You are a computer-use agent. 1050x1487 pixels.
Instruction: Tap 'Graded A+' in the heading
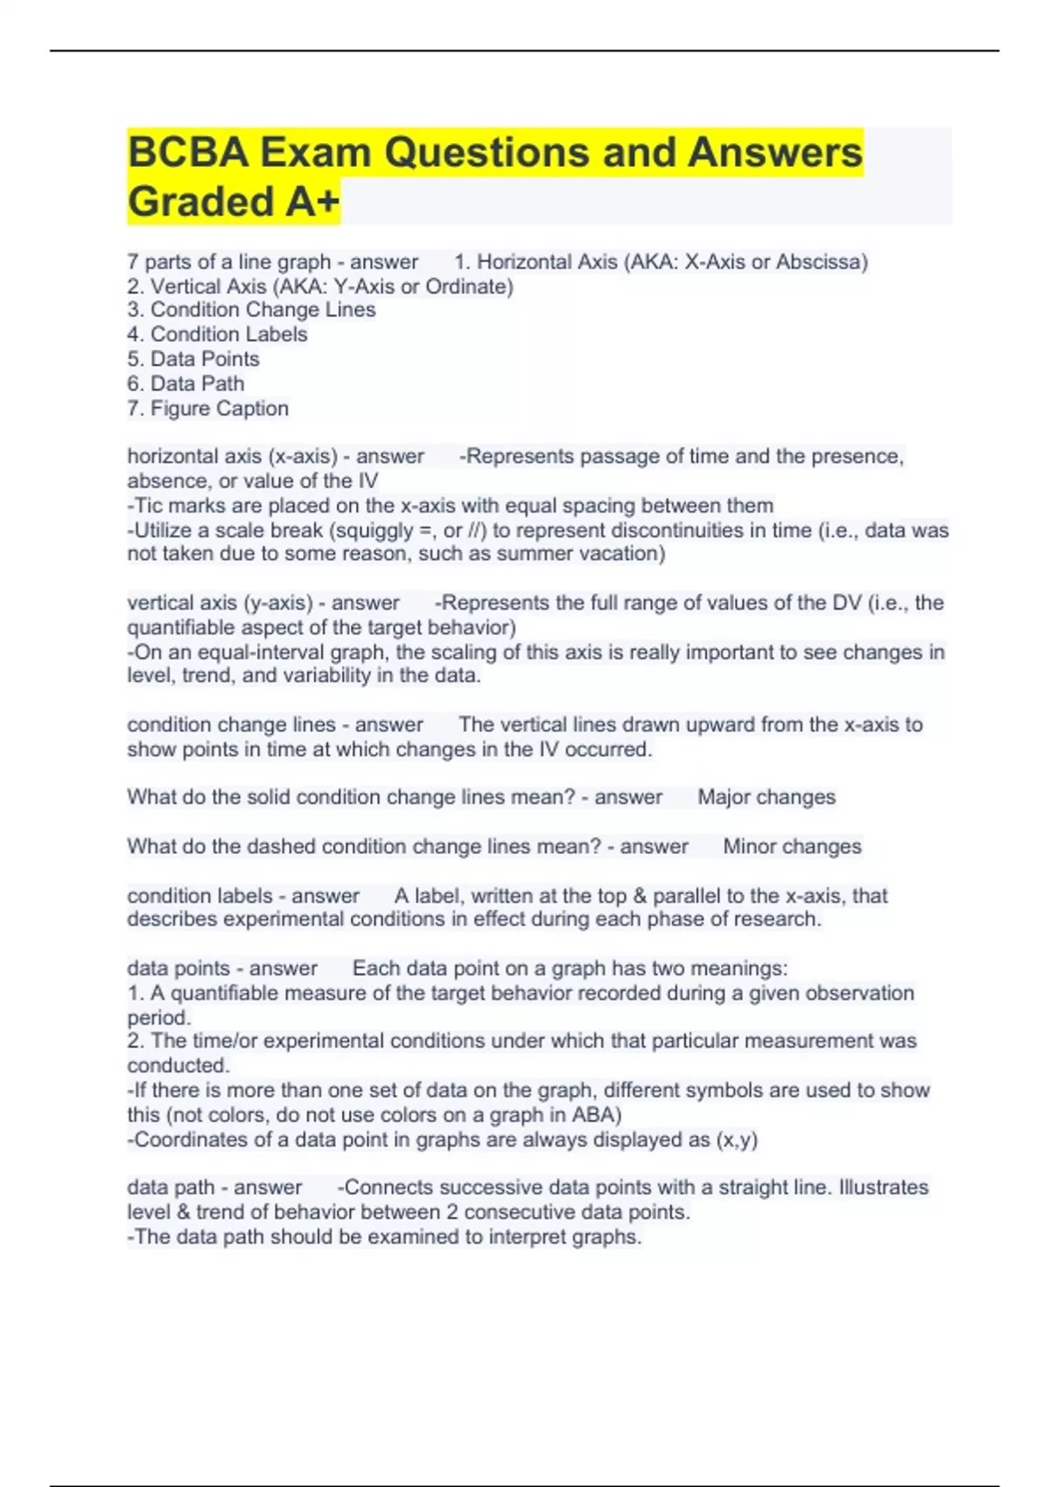tap(233, 202)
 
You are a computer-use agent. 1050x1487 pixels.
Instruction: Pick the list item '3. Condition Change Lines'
tap(251, 310)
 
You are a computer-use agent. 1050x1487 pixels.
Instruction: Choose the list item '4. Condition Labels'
tap(217, 334)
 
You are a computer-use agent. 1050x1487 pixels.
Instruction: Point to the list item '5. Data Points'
tap(193, 359)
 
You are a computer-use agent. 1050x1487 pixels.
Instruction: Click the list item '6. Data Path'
tap(185, 383)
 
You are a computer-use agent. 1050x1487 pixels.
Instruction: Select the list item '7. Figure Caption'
tap(207, 408)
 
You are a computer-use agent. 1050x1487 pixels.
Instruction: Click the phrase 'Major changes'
tap(766, 797)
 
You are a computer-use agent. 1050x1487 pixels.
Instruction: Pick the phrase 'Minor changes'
tap(792, 846)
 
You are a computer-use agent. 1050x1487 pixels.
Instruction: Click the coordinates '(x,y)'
tap(736, 1140)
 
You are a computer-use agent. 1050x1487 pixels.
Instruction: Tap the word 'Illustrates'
tap(884, 1187)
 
